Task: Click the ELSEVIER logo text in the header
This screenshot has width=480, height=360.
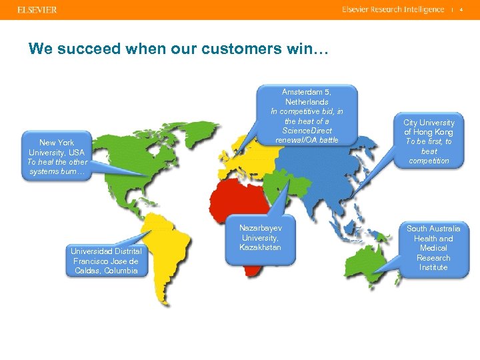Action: pos(33,10)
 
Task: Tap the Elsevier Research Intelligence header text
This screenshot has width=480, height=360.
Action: pos(393,9)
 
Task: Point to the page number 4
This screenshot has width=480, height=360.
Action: pos(461,9)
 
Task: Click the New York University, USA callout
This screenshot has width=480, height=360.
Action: pos(57,157)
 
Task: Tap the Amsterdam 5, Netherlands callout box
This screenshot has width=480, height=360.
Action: pos(307,116)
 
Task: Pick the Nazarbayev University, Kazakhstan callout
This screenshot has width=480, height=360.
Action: pos(261,239)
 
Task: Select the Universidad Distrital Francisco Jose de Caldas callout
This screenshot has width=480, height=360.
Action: pos(106,261)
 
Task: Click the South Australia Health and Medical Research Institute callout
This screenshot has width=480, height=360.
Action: pos(433,248)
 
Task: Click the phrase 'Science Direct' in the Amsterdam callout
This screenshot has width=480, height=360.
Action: pos(307,131)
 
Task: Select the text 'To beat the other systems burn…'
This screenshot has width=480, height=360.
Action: pos(57,167)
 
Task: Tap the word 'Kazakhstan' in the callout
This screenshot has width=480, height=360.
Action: pos(261,248)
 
